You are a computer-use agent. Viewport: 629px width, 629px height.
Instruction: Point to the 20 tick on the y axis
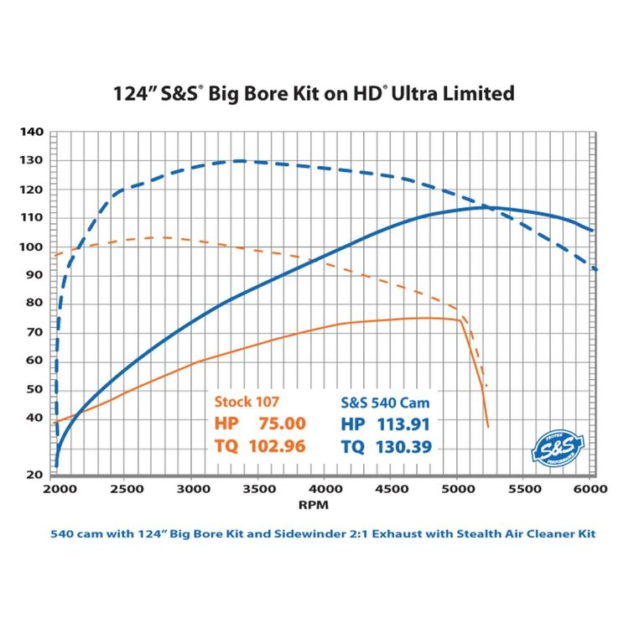click(x=34, y=475)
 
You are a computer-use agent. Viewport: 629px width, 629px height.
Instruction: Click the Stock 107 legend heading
click(x=247, y=400)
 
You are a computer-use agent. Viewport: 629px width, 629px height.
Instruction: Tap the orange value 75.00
click(x=283, y=424)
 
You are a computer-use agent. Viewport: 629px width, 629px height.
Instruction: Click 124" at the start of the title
click(x=133, y=93)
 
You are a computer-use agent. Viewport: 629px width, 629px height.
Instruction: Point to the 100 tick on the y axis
click(x=31, y=247)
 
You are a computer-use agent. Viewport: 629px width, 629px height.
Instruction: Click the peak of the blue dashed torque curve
click(x=241, y=160)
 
